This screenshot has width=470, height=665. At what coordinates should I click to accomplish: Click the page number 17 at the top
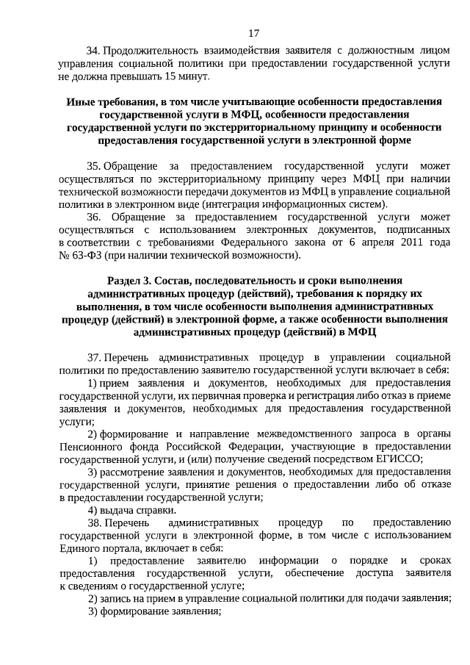(253, 33)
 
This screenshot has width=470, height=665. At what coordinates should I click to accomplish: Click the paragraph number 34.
(93, 51)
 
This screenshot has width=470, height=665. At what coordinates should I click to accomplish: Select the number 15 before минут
(171, 76)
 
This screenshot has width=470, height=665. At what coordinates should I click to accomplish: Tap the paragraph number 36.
(93, 218)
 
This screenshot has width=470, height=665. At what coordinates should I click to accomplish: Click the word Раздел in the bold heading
(125, 281)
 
